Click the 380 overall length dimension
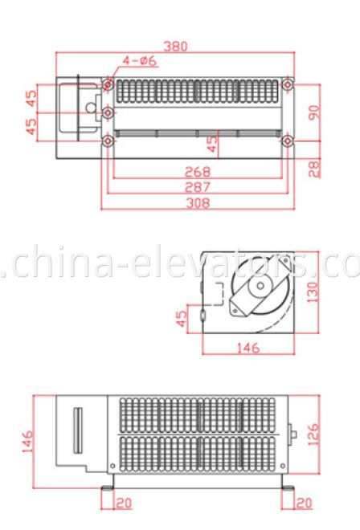175,46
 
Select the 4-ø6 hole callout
139,61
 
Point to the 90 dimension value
315,111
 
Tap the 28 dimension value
315,167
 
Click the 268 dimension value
197,171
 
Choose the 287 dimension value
197,186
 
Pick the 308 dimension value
197,202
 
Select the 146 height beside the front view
27,440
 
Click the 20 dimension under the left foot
124,503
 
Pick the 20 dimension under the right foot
304,503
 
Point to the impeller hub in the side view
260,289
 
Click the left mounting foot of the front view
108,487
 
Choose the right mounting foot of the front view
287,487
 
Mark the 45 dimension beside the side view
182,319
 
